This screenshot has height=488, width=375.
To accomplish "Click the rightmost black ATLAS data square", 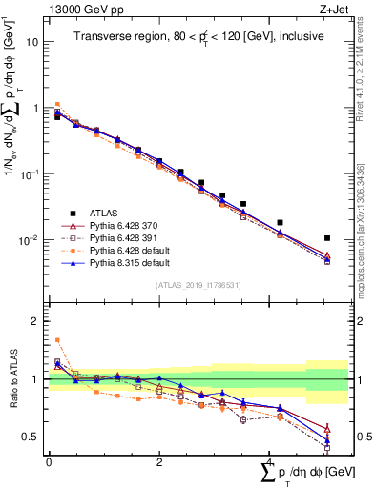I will [x=327, y=238].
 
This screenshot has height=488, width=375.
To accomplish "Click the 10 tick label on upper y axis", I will [x=33, y=42].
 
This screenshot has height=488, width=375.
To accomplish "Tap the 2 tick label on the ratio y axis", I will [x=36, y=321].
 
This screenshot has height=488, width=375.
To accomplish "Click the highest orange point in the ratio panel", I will [x=57, y=340].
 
